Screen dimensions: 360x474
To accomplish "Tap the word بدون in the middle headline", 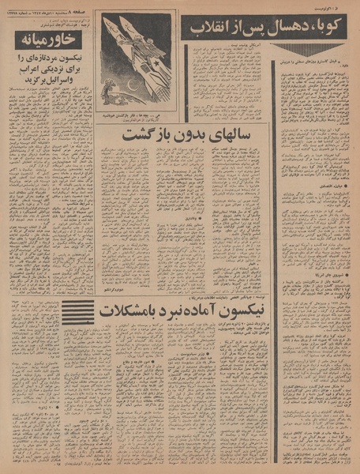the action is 190,136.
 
